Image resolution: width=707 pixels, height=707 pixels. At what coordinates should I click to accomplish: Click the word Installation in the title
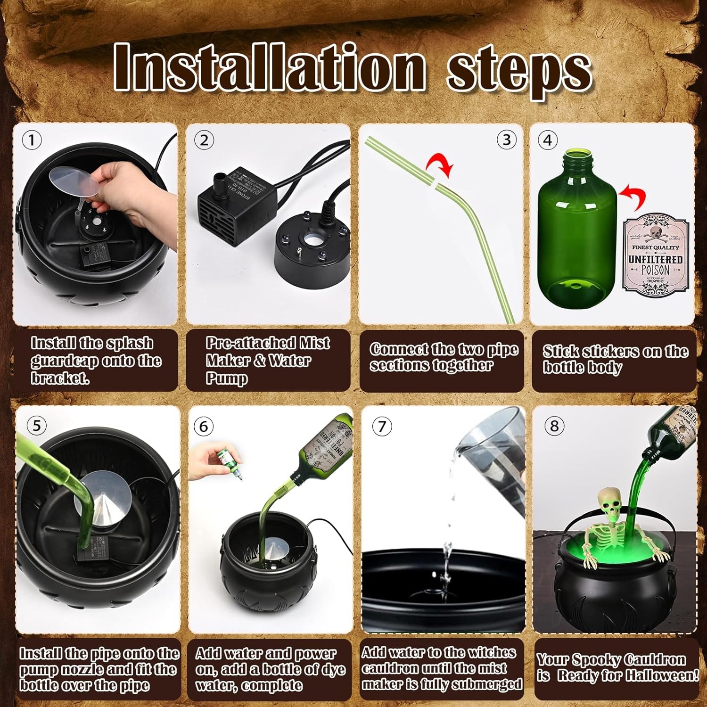(x=269, y=67)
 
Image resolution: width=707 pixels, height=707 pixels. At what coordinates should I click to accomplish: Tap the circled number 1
(x=32, y=140)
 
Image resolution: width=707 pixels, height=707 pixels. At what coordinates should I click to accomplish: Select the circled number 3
(x=507, y=140)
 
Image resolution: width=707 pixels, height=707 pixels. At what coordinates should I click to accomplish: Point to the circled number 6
(x=204, y=426)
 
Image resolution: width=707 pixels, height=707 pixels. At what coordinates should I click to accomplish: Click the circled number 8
(x=554, y=426)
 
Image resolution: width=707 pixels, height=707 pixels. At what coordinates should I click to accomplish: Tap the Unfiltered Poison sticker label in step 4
(x=655, y=254)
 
